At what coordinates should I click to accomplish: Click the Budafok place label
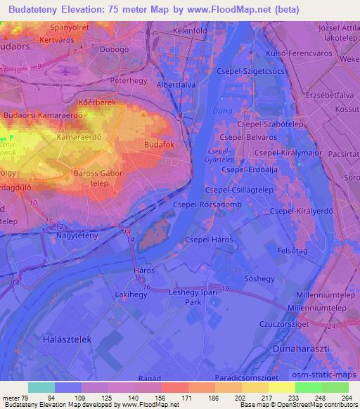[x=159, y=144]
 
